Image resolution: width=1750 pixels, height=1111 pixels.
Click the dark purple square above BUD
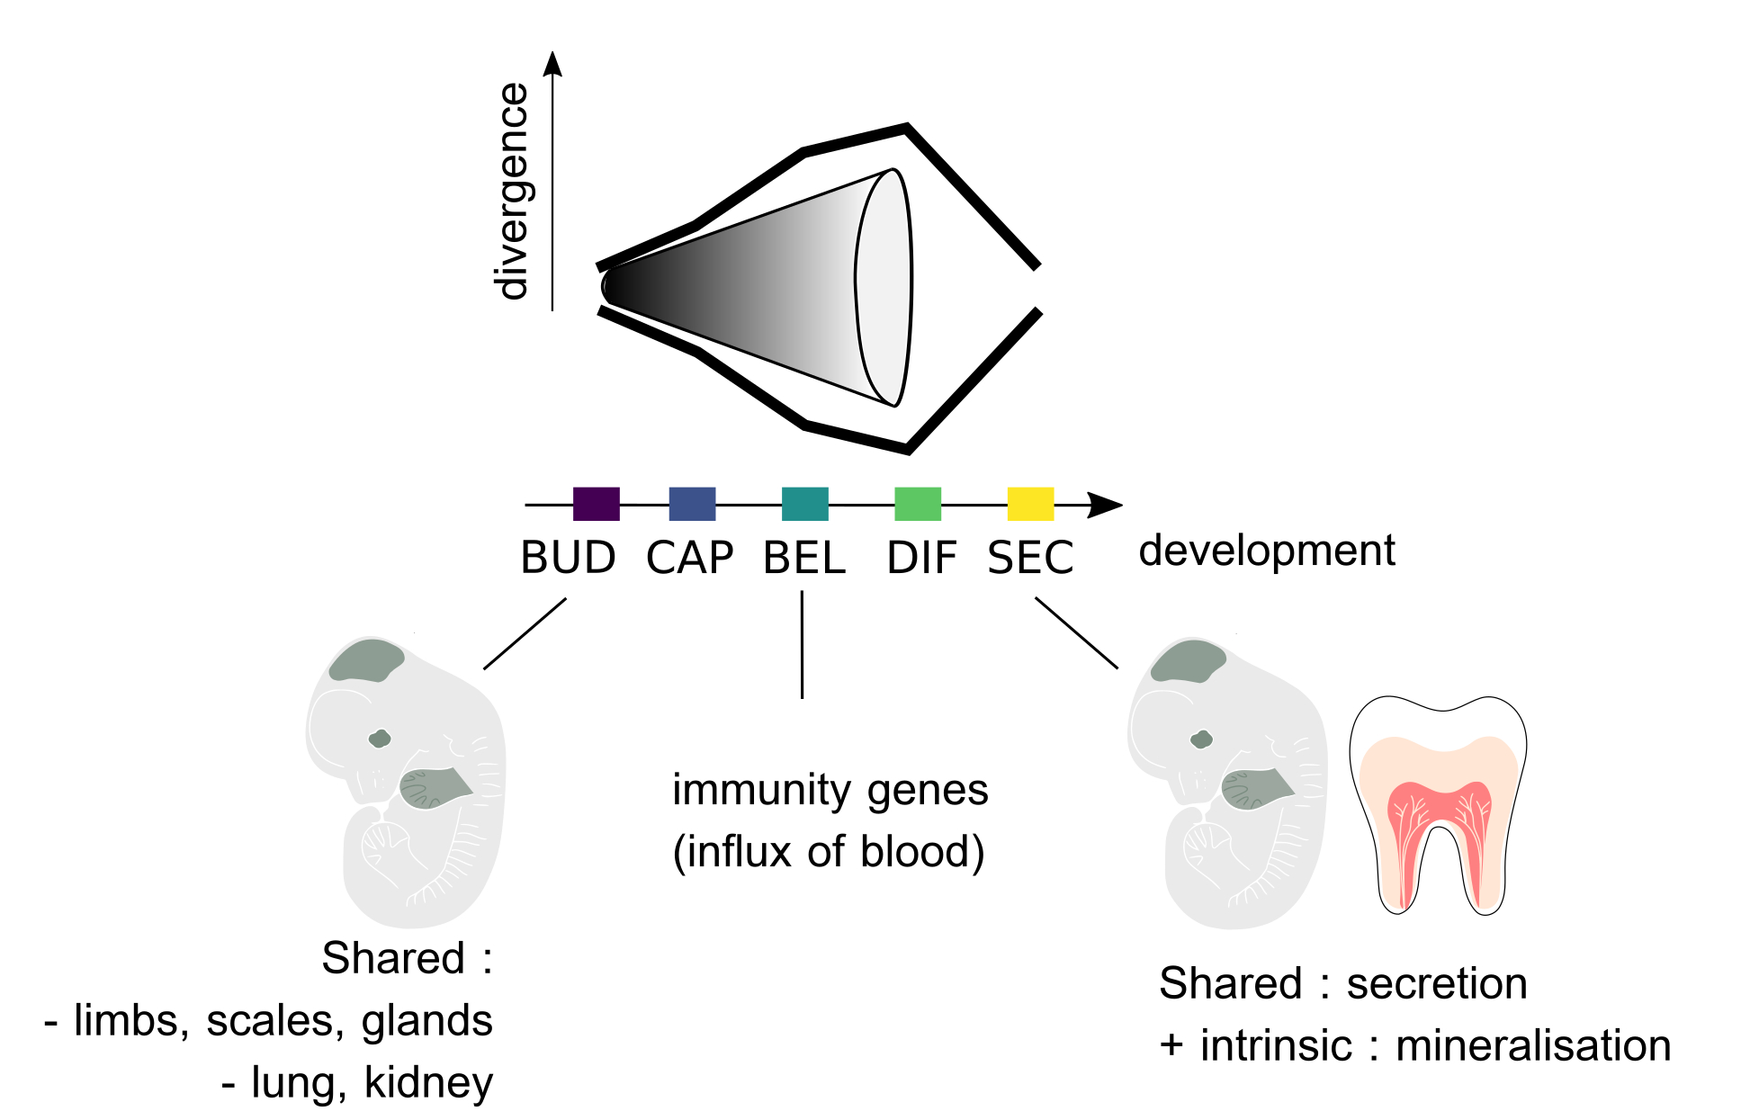596,504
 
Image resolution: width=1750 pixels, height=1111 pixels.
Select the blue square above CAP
692,504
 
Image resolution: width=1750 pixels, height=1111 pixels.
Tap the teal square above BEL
804,504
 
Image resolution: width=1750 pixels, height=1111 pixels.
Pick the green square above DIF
917,504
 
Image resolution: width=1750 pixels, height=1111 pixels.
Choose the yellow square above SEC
1030,504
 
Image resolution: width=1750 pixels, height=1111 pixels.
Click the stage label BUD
568,558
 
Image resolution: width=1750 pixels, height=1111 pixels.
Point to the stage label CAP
690,558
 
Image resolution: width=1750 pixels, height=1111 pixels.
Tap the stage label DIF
921,558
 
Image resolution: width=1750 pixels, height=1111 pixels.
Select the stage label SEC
1030,558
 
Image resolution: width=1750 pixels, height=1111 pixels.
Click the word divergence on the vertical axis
513,191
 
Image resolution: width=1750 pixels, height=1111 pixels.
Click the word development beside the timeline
1266,551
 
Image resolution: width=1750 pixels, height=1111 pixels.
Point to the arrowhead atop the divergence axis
553,63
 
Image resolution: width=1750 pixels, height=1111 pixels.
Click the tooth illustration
1438,805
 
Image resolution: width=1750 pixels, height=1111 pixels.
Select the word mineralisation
1533,1046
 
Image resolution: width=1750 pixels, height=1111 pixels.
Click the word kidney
428,1082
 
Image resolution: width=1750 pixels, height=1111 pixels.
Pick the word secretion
1436,983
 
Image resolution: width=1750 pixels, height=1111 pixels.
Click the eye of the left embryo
380,739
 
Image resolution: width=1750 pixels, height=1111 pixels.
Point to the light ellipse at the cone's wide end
884,286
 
